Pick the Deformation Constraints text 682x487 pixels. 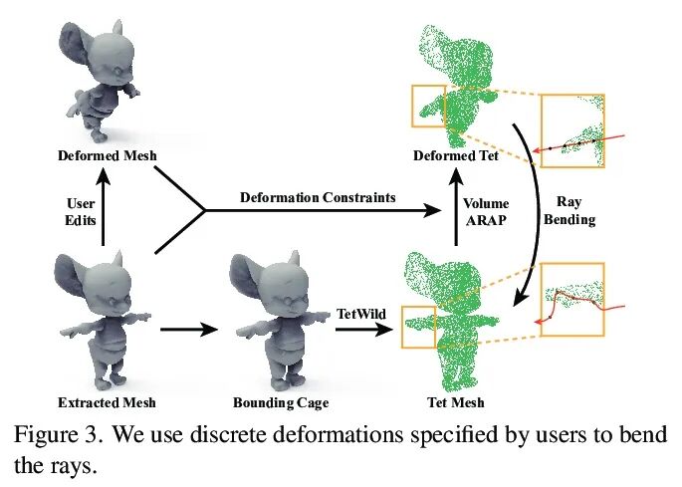(x=318, y=197)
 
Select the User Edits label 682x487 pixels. (x=73, y=211)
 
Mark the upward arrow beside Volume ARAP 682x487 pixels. (x=455, y=210)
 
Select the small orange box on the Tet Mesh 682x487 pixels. (x=418, y=327)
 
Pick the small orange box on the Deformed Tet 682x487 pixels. (x=428, y=107)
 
